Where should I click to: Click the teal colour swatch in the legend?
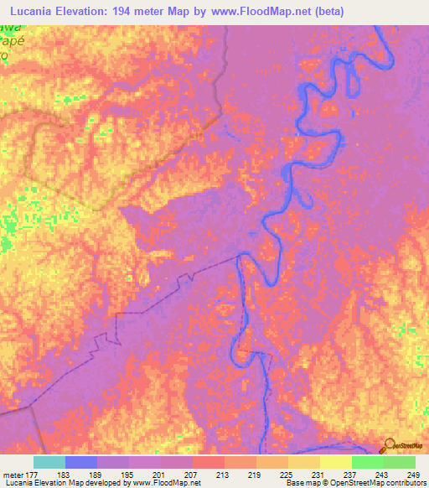click(x=49, y=462)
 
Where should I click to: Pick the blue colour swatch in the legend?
click(x=81, y=462)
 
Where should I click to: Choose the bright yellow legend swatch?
click(x=335, y=462)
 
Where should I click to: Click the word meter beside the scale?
click(x=13, y=475)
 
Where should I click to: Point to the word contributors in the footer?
click(x=405, y=484)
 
